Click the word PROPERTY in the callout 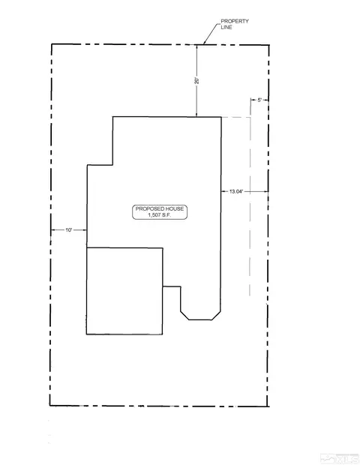pos(235,21)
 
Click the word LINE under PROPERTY pos(226,27)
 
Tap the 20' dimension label pos(197,81)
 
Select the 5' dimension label pos(259,100)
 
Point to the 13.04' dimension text pos(236,191)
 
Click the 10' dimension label pos(69,229)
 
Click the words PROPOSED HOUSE pos(160,208)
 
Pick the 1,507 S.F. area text pos(160,215)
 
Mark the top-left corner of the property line pos(52,44)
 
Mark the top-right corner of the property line pos(269,45)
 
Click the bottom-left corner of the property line pos(49,406)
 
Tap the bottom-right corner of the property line pos(268,406)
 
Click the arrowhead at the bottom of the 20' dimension pos(196,115)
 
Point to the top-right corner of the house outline pos(221,117)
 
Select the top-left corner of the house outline pos(113,117)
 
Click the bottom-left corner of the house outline pos(86,334)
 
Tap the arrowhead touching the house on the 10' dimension pos(85,229)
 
